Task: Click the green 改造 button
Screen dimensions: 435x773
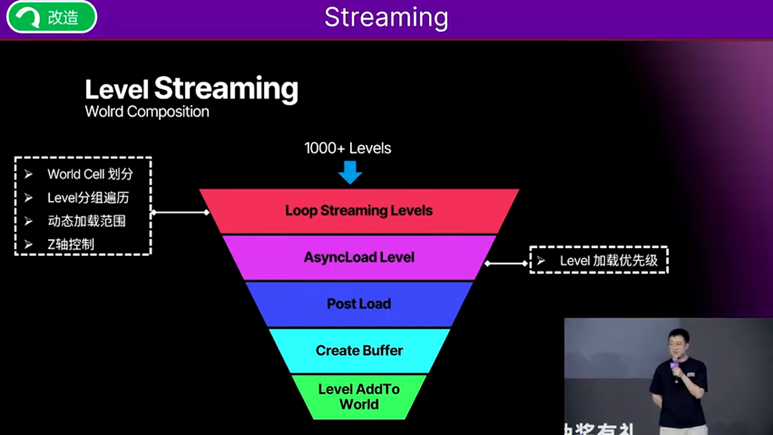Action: [x=51, y=17]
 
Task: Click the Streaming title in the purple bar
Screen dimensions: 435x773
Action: [x=386, y=18]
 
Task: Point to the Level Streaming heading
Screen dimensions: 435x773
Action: [x=191, y=89]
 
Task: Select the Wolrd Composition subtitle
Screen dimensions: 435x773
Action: [x=147, y=112]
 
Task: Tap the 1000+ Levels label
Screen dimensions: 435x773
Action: [x=348, y=149]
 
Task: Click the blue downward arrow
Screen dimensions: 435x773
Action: [x=350, y=172]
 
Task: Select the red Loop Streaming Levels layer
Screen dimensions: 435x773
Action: [x=359, y=211]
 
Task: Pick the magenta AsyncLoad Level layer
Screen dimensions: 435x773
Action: [x=359, y=257]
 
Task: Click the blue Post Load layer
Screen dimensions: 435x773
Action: [x=359, y=304]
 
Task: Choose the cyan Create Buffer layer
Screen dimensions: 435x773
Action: [x=359, y=350]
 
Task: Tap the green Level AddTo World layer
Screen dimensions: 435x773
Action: [x=359, y=396]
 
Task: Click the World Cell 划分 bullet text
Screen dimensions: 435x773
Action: [x=90, y=175]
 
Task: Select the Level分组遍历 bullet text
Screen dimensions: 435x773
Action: [x=88, y=198]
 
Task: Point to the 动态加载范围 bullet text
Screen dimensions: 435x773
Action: [x=86, y=221]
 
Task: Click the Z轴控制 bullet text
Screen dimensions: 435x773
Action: [x=71, y=245]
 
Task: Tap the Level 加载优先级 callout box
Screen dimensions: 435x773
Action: [x=599, y=260]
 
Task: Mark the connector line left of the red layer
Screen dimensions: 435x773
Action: [x=180, y=212]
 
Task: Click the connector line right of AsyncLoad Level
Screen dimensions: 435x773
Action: [x=507, y=263]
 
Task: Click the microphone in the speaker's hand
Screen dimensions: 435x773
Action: [x=675, y=364]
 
